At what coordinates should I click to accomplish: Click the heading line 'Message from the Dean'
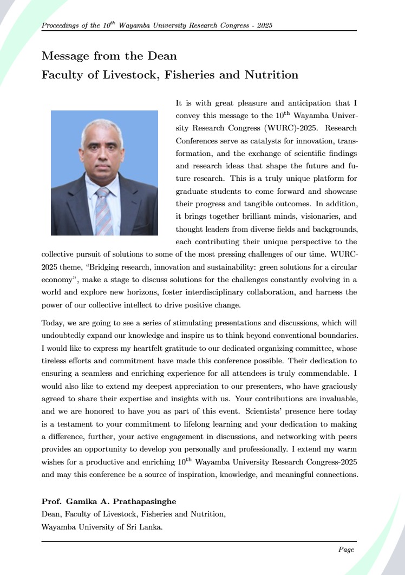pos(109,56)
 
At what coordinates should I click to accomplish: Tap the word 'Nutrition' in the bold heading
pos(271,75)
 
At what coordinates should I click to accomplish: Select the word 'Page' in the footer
pos(346,550)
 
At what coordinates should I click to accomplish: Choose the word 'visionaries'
pos(310,216)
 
